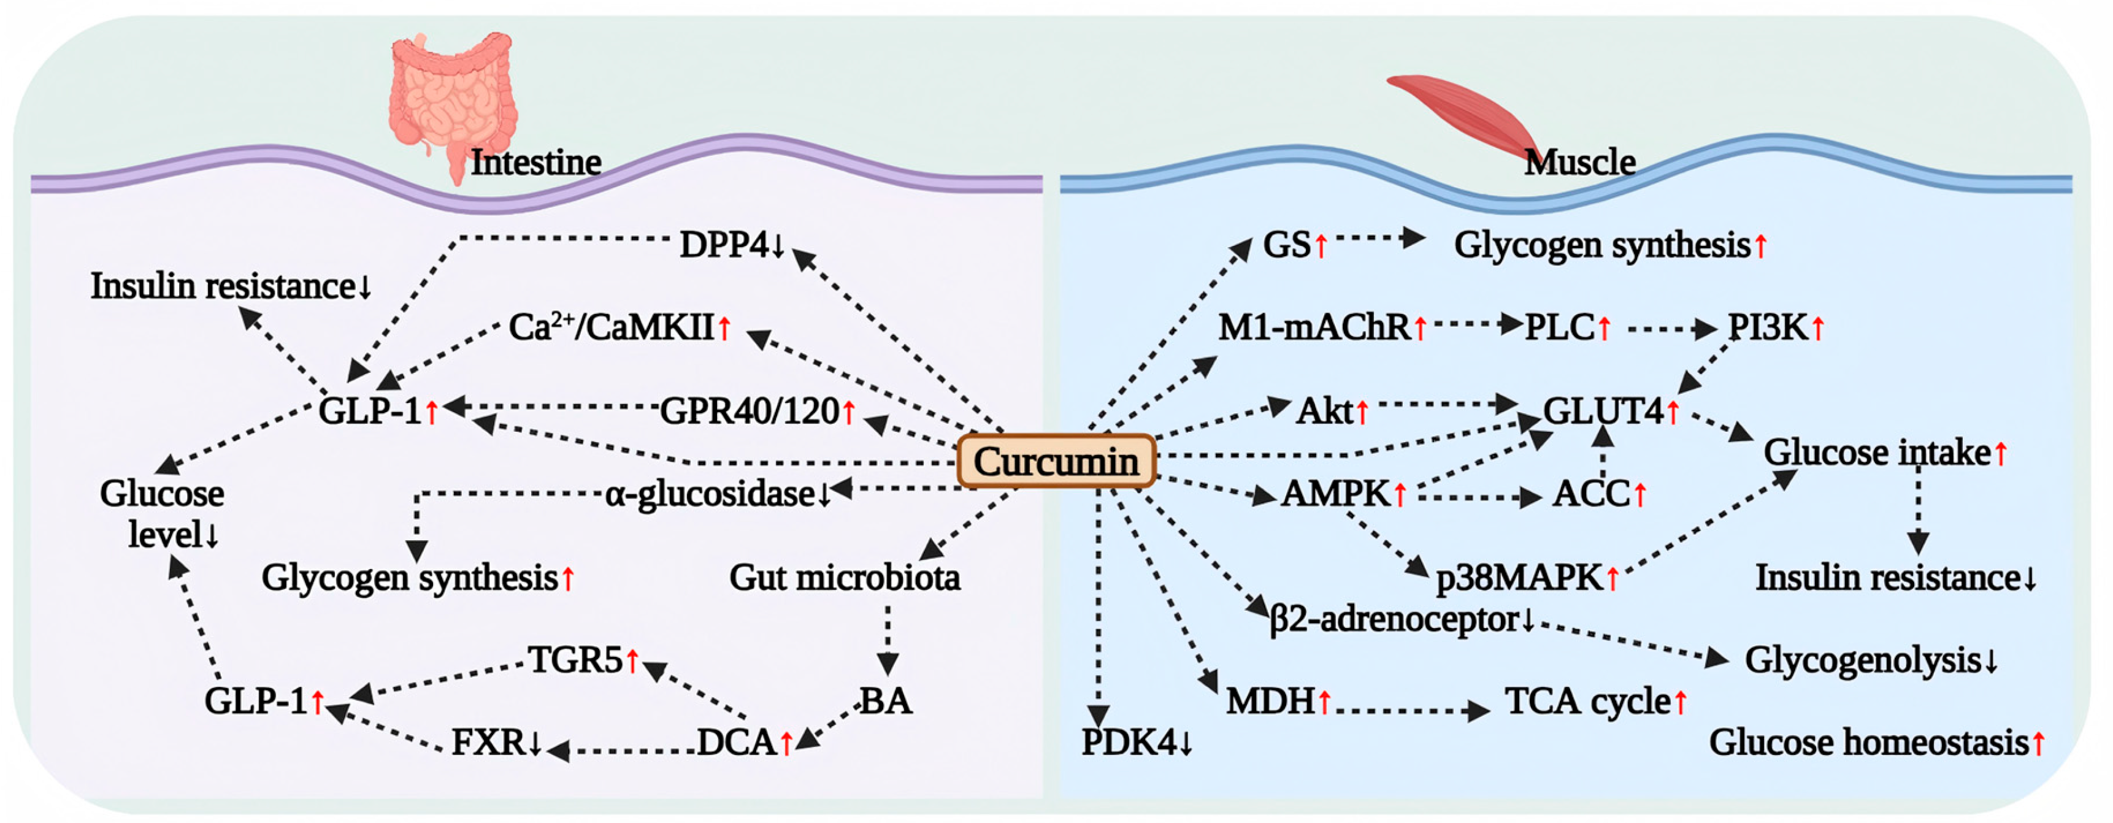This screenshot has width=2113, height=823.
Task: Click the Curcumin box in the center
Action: point(1056,461)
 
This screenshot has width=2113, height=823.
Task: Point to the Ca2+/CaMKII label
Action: point(611,327)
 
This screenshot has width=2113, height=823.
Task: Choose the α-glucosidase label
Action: point(710,494)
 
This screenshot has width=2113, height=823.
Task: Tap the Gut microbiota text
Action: point(844,578)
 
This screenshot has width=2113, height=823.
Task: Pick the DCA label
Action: point(737,743)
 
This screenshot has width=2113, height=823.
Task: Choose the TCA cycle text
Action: point(1587,702)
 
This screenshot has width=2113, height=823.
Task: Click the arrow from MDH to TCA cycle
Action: point(1411,710)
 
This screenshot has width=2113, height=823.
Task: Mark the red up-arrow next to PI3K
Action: point(1819,328)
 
